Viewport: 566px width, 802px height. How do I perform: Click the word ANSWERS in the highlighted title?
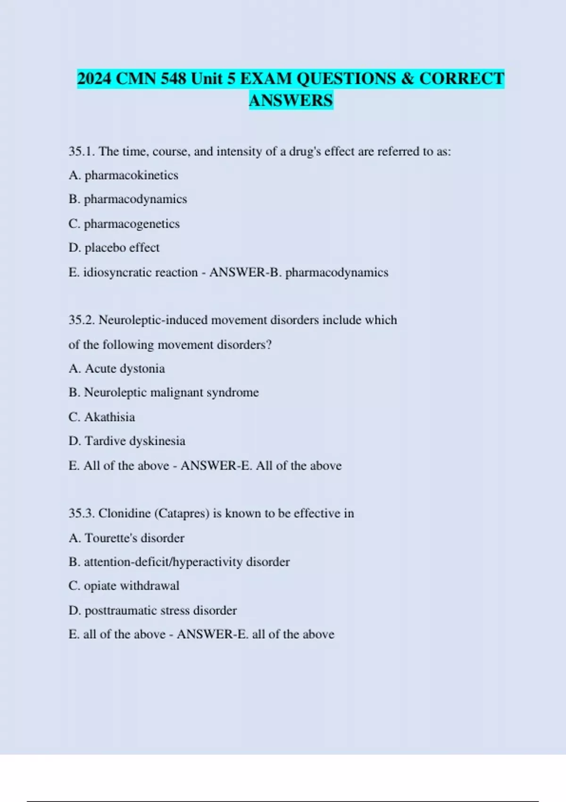tap(291, 100)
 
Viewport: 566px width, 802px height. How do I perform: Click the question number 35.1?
tap(82, 151)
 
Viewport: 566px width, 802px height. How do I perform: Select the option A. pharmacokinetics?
tap(123, 175)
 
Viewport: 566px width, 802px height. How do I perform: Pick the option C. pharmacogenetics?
tap(124, 224)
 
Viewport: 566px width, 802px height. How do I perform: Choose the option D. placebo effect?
tap(114, 248)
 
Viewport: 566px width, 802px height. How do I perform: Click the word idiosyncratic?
tap(141, 272)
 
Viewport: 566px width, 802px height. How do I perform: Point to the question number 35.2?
tap(82, 320)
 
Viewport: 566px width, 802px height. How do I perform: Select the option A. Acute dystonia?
tap(117, 368)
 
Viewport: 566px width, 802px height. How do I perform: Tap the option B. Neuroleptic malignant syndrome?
tap(163, 393)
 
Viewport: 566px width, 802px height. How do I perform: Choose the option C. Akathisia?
tap(101, 417)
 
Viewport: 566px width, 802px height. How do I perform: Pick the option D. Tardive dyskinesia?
tap(126, 441)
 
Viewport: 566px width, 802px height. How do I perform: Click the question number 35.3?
tap(82, 513)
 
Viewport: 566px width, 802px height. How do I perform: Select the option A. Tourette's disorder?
tap(126, 538)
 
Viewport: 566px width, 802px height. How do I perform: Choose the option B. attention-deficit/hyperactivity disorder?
tap(179, 562)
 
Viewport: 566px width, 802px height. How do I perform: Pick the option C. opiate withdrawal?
tap(124, 586)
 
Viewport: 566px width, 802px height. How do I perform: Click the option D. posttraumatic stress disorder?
tap(152, 610)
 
